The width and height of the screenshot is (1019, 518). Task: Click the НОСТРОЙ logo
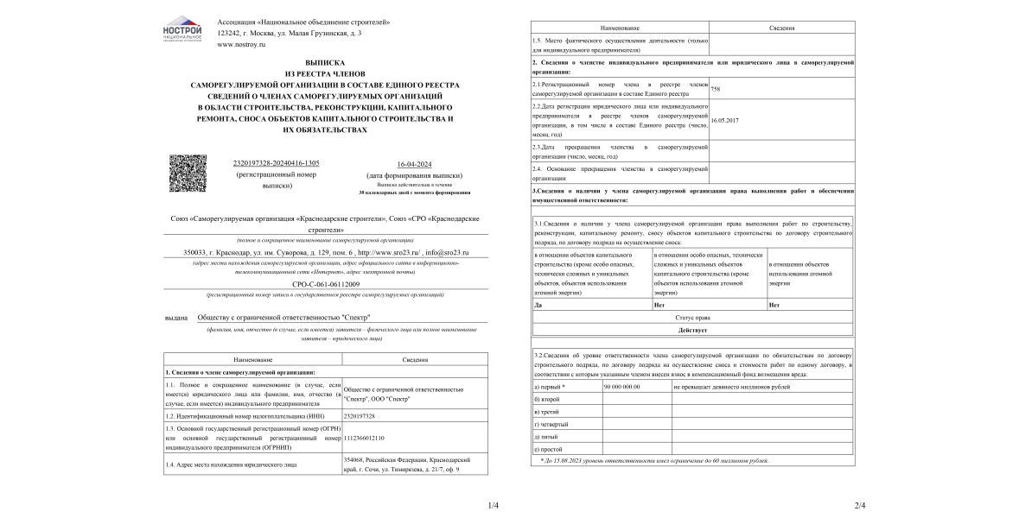click(x=182, y=29)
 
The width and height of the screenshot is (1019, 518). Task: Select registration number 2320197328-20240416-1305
click(x=277, y=163)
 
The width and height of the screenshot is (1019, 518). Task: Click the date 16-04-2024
click(x=414, y=163)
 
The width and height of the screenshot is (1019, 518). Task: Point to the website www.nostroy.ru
click(x=241, y=44)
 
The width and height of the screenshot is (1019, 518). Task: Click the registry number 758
click(x=715, y=88)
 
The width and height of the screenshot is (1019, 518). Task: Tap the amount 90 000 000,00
click(x=621, y=387)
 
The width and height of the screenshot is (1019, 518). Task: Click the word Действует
click(x=692, y=331)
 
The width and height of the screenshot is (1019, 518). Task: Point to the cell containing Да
click(x=538, y=306)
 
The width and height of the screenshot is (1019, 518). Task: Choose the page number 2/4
click(x=859, y=505)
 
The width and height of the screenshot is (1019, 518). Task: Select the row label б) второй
click(x=547, y=400)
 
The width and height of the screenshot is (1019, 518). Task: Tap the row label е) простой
click(x=548, y=449)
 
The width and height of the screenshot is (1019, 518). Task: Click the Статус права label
click(x=692, y=319)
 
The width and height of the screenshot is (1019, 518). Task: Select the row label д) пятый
click(x=547, y=437)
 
